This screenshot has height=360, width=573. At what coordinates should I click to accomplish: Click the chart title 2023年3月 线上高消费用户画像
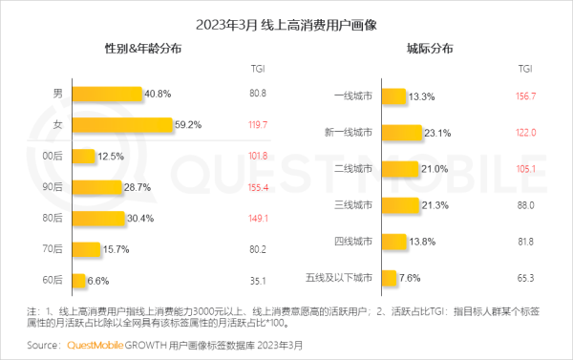[286, 19]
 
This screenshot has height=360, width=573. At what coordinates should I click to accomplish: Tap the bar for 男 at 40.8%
[107, 95]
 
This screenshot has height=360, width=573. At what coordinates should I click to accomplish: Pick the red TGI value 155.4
[258, 187]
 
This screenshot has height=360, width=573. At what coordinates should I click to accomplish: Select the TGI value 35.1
[258, 281]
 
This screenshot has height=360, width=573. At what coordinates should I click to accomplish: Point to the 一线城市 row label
[352, 96]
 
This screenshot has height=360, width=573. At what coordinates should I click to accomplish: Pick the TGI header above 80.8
[258, 69]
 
